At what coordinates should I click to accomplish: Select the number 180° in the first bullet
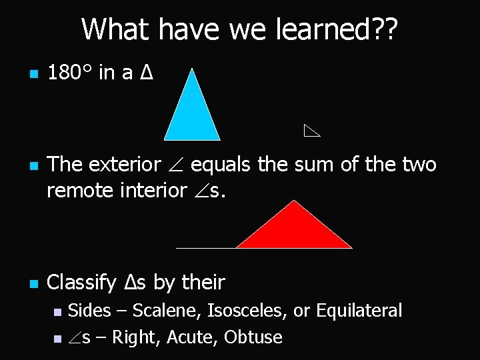(70, 73)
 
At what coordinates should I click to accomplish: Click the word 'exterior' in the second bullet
(123, 164)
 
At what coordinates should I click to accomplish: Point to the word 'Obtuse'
(253, 337)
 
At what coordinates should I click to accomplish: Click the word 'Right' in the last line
(134, 337)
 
